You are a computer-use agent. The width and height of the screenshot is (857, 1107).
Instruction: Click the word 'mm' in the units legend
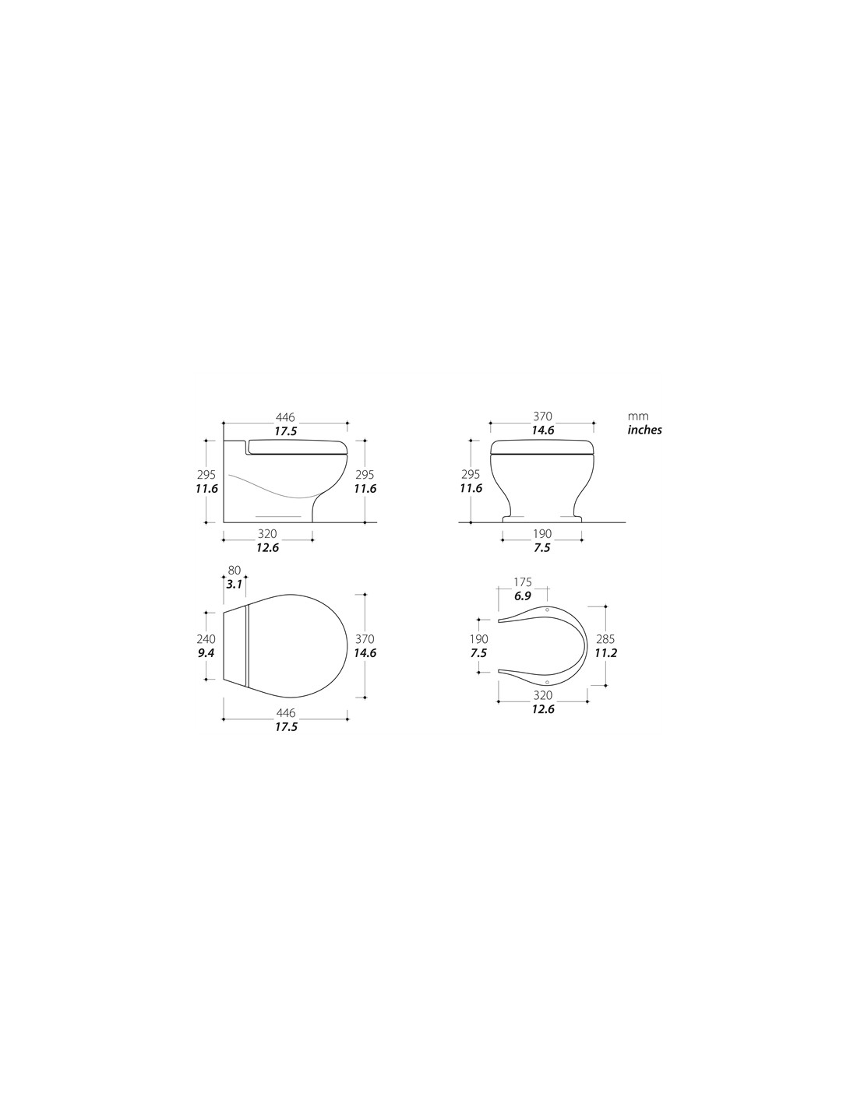click(x=638, y=416)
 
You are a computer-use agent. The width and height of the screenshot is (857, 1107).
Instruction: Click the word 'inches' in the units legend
click(x=644, y=430)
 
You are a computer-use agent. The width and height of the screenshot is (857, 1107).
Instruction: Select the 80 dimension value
click(x=234, y=570)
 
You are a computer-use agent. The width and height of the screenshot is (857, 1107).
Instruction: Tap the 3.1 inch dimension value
click(x=234, y=584)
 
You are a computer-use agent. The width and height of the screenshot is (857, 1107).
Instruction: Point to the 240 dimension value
click(x=206, y=639)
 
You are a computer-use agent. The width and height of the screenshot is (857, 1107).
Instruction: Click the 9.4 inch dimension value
click(x=206, y=652)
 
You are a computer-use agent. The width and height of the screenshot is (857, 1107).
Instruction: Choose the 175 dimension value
click(x=523, y=582)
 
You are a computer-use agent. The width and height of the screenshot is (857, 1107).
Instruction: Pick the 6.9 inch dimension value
click(x=523, y=596)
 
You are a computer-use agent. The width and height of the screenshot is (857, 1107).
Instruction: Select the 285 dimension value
click(x=605, y=639)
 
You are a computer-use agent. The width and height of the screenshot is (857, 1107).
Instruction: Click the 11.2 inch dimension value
click(x=605, y=652)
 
